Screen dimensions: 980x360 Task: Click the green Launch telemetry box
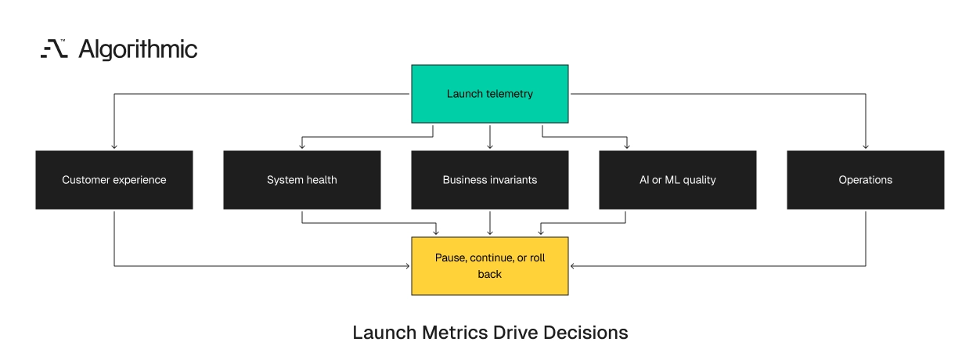pyautogui.click(x=489, y=94)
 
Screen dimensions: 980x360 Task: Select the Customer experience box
pyautogui.click(x=114, y=180)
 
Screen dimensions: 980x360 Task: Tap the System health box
pyautogui.click(x=302, y=180)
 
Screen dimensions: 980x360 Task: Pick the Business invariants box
pyautogui.click(x=489, y=180)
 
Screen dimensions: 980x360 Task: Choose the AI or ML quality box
pyautogui.click(x=678, y=180)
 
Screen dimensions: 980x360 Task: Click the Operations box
pyautogui.click(x=866, y=180)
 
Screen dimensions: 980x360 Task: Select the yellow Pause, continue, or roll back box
pyautogui.click(x=489, y=266)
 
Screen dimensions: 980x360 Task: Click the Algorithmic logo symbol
pyautogui.click(x=54, y=49)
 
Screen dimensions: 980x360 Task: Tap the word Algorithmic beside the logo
pyautogui.click(x=138, y=49)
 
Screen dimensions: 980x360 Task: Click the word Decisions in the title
pyautogui.click(x=585, y=333)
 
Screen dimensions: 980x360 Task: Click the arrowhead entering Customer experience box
pyautogui.click(x=114, y=146)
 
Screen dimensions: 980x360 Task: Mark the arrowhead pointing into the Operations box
pyautogui.click(x=866, y=146)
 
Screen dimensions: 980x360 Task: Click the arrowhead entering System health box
pyautogui.click(x=302, y=146)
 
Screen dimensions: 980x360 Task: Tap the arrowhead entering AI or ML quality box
pyautogui.click(x=627, y=146)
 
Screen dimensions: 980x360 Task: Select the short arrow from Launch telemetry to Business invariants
pyautogui.click(x=489, y=138)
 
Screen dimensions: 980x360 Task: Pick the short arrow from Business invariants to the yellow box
pyautogui.click(x=489, y=224)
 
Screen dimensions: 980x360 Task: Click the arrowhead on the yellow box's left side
pyautogui.click(x=407, y=266)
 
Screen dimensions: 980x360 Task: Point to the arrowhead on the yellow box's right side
pyautogui.click(x=573, y=266)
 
